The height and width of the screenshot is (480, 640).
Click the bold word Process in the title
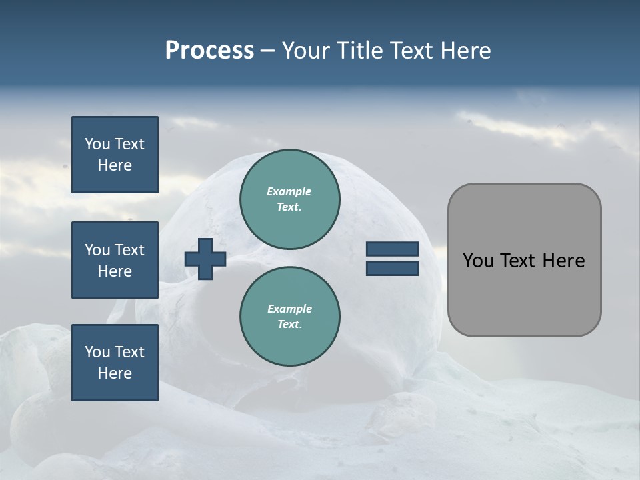209,51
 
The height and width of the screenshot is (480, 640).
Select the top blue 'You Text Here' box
115,155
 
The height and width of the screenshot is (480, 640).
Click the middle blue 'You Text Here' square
115,260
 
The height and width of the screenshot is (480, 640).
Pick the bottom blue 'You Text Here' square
115,363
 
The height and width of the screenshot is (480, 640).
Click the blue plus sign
205,259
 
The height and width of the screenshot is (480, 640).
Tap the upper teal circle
289,199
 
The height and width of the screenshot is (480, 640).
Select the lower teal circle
289,316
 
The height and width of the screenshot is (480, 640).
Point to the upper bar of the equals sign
392,249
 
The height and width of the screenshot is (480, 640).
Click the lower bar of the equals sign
392,269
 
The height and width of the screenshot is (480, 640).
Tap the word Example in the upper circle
289,191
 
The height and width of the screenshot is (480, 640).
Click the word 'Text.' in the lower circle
289,325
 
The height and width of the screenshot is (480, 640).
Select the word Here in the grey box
563,261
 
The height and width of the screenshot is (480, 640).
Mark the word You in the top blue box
97,144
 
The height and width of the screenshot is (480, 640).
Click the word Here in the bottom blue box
115,373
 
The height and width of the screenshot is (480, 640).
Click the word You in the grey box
478,261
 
